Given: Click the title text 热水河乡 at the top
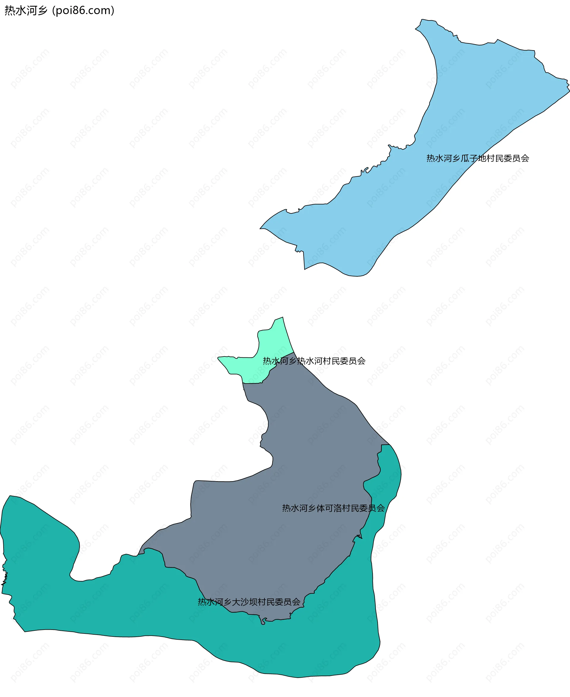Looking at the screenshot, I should tap(26, 10).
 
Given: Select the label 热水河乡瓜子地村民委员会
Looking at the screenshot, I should tap(477, 159).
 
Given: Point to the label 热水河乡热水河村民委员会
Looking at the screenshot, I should tap(314, 361).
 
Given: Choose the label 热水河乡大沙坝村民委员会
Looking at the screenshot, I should tap(249, 602).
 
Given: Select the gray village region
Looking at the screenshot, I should tap(295, 460).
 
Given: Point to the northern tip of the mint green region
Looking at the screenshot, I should tap(282, 318).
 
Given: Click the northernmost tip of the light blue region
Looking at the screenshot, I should tap(422, 20).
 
